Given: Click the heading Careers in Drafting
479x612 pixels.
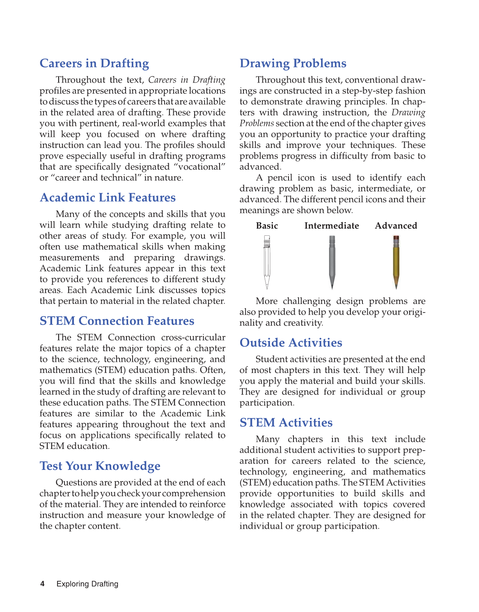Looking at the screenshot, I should [94, 63].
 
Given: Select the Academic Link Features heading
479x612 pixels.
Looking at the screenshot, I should [108, 198].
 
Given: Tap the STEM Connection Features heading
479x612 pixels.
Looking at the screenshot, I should [117, 321].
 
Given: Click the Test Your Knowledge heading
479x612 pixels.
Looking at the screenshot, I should [100, 466].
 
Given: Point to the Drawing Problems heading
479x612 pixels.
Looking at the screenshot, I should [293, 63].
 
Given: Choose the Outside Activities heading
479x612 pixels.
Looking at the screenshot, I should [291, 343].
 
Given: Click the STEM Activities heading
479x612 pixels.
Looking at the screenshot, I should [286, 423].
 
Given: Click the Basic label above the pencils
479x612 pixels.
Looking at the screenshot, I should [267, 225].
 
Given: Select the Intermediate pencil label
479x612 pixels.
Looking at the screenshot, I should [331, 225].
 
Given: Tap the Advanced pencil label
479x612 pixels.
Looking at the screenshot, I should [396, 225].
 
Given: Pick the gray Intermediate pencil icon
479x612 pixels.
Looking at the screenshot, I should [332, 261].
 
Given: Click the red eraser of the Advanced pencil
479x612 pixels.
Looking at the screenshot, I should [396, 237].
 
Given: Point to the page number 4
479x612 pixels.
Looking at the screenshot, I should [42, 584].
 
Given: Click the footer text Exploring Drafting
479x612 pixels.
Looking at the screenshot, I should [87, 584].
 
